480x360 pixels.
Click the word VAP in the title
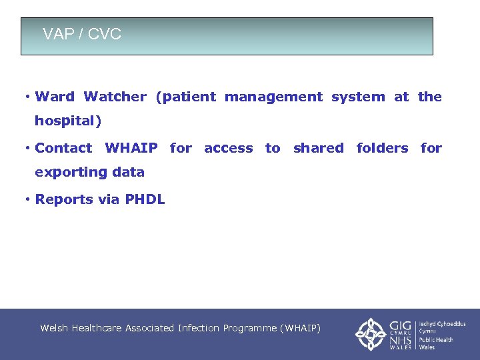tap(56, 34)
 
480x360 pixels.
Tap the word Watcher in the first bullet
tap(115, 97)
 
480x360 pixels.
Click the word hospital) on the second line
tap(67, 121)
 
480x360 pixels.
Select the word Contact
tap(63, 148)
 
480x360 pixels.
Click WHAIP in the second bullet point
tap(131, 148)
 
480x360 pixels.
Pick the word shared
tap(318, 148)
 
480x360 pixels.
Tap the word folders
tap(382, 148)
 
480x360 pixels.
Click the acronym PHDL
tap(145, 199)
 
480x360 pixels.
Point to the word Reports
tap(62, 199)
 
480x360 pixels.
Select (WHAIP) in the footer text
tap(300, 328)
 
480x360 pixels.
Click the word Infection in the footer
tap(198, 328)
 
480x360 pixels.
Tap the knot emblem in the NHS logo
tap(369, 333)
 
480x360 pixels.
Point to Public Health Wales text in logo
tap(436, 343)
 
